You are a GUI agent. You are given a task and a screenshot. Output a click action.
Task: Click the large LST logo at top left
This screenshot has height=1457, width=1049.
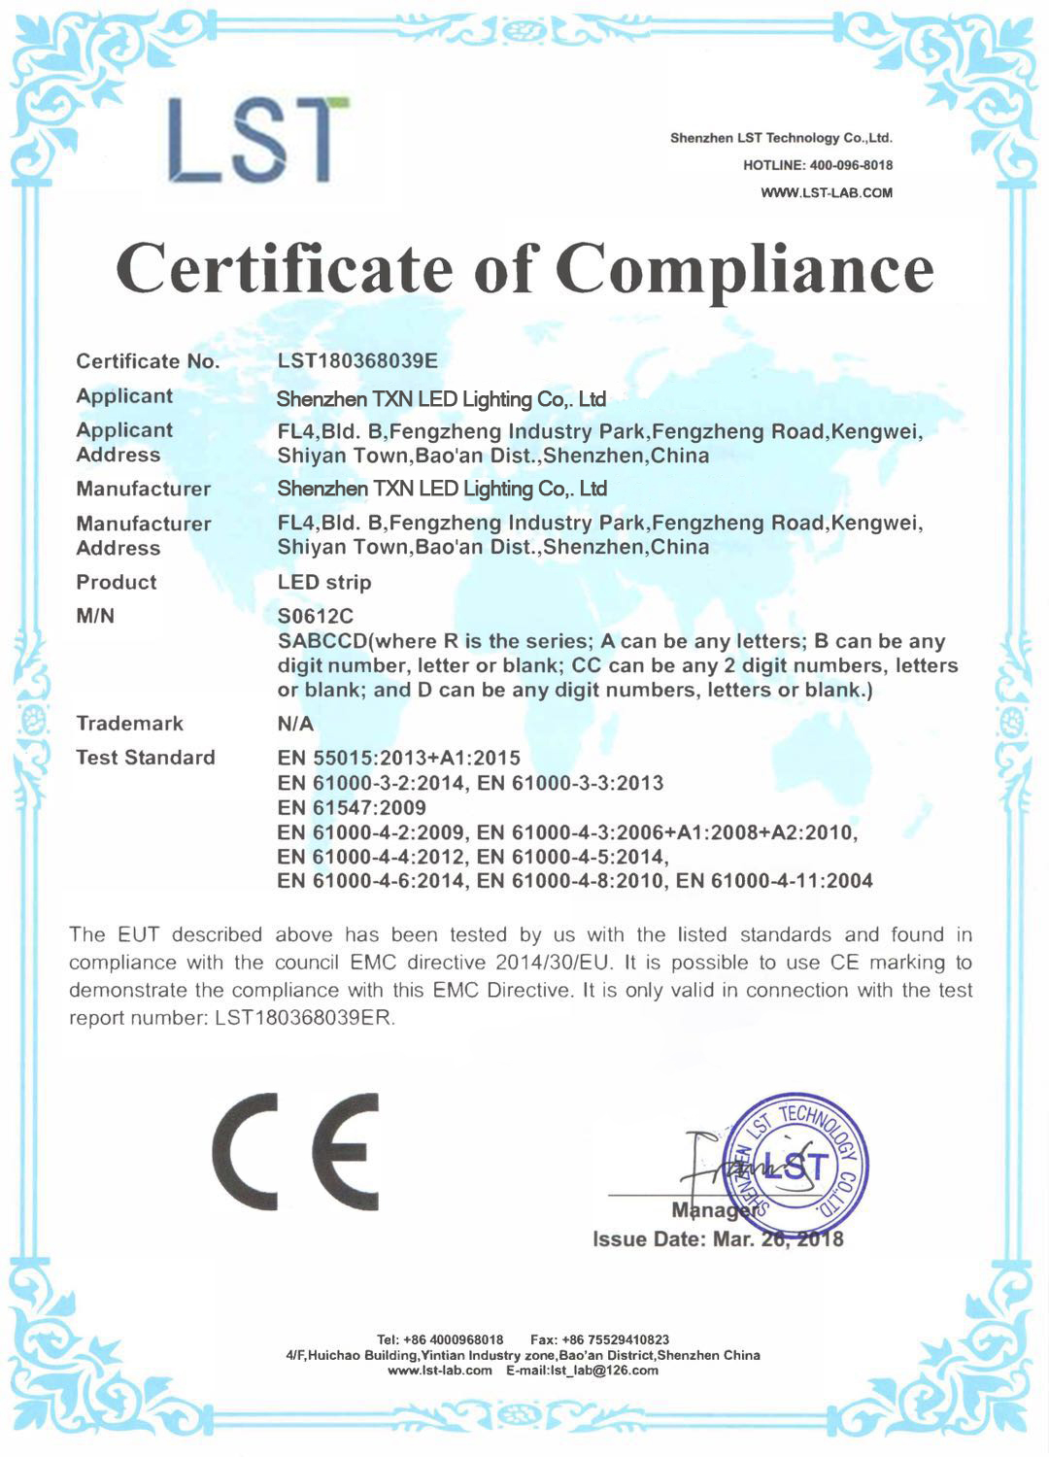[257, 141]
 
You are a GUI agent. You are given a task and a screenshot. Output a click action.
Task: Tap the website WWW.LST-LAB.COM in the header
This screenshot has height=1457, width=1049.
[827, 192]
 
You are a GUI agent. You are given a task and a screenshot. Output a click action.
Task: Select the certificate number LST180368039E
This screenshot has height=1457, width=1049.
[357, 361]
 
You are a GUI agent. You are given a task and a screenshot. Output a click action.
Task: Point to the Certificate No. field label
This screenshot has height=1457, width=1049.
[148, 361]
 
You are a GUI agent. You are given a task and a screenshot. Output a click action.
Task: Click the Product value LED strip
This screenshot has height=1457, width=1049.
[324, 582]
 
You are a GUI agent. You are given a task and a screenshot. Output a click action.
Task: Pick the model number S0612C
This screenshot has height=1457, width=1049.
[316, 616]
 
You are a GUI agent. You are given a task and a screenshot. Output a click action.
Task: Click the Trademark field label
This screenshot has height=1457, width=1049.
[129, 724]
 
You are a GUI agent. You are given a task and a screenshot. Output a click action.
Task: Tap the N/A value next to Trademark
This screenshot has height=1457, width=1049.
[295, 724]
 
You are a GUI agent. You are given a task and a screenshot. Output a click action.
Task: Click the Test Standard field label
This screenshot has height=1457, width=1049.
[146, 758]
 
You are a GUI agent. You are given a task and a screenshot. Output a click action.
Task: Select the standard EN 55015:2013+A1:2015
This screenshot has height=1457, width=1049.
[399, 758]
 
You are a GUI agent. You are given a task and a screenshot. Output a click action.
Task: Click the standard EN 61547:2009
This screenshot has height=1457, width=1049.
[352, 807]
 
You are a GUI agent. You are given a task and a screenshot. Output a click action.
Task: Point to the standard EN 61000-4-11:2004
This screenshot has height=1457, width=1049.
[774, 881]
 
